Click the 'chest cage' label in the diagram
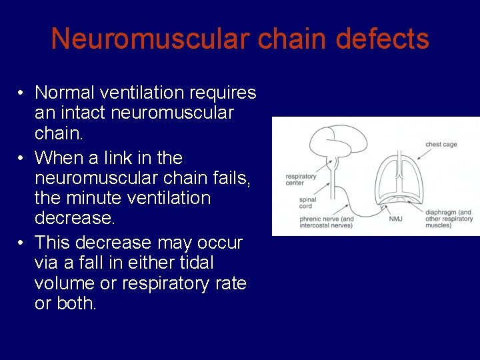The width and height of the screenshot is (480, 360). (x=441, y=144)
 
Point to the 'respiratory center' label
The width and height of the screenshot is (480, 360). (x=301, y=180)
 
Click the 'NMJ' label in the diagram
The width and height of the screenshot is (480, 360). (x=395, y=218)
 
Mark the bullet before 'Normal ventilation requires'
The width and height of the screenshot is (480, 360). (x=22, y=92)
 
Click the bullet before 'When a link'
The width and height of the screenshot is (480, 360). (x=22, y=158)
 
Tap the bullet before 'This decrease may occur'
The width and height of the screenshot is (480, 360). (x=22, y=243)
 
